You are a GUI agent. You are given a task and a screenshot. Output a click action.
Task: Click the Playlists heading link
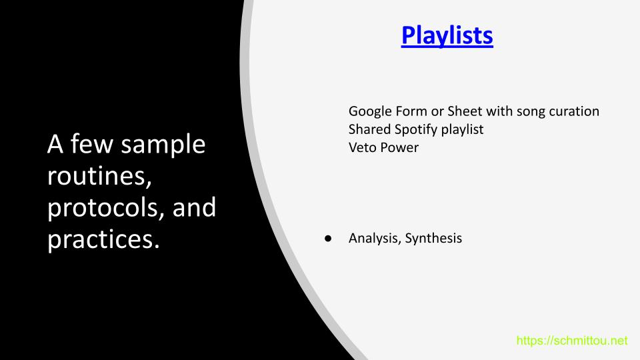pyautogui.click(x=447, y=35)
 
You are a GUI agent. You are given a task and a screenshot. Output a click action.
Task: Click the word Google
pyautogui.click(x=370, y=111)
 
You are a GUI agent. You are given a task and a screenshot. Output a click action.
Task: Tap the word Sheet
pyautogui.click(x=465, y=111)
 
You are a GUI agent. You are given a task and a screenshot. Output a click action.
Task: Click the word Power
pyautogui.click(x=399, y=147)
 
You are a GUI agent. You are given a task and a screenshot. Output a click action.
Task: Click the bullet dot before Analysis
pyautogui.click(x=328, y=239)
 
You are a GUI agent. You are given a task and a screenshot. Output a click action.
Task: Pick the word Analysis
pyautogui.click(x=375, y=239)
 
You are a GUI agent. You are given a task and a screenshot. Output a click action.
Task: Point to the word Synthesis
pyautogui.click(x=433, y=239)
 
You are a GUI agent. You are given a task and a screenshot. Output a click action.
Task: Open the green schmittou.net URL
pyautogui.click(x=572, y=341)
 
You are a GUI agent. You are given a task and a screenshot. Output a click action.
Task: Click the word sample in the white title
pyautogui.click(x=163, y=145)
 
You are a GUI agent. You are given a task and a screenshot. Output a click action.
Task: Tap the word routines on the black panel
pyautogui.click(x=99, y=176)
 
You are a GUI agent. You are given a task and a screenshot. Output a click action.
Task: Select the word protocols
pyautogui.click(x=106, y=208)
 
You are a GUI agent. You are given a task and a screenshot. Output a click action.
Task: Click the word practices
pyautogui.click(x=103, y=239)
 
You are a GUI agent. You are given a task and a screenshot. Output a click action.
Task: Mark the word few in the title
pyautogui.click(x=91, y=144)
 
